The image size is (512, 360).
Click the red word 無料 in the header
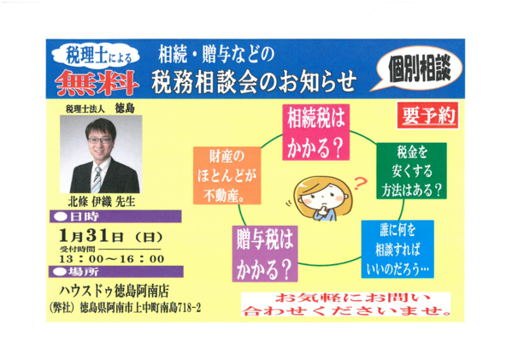pos(97,83)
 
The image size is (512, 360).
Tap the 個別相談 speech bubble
pos(419,69)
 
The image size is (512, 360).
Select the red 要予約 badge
pos(427,115)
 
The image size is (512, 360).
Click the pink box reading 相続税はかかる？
pos(315,133)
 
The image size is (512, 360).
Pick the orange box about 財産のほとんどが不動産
pos(227,175)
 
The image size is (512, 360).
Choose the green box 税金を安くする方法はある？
pos(411,170)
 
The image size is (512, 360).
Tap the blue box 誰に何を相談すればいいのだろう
pos(397,249)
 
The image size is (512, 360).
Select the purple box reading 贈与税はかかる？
pos(265,254)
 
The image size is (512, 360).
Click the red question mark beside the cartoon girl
pos(360,183)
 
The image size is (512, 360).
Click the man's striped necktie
pos(97,180)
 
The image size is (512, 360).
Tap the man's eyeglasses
pos(99,140)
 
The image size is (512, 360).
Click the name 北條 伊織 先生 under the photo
pos(102,202)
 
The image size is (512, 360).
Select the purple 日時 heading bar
pos(115,216)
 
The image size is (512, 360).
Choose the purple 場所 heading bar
pos(116,271)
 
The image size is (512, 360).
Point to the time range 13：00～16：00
pos(112,259)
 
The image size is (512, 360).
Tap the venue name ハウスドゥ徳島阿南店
pos(114,291)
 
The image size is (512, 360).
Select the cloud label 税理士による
pos(97,56)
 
